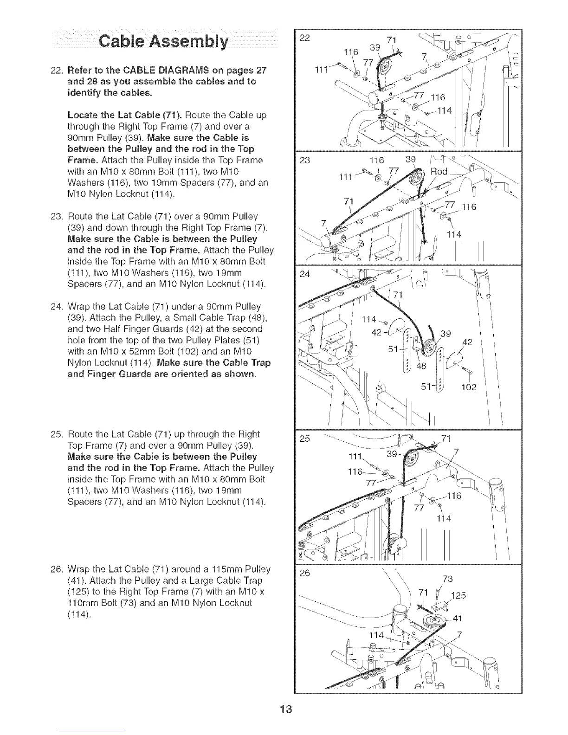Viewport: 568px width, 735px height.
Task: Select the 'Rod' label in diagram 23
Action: [x=439, y=171]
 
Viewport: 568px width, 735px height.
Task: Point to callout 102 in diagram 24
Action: [x=469, y=387]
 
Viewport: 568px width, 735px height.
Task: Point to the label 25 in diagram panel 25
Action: [x=305, y=438]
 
